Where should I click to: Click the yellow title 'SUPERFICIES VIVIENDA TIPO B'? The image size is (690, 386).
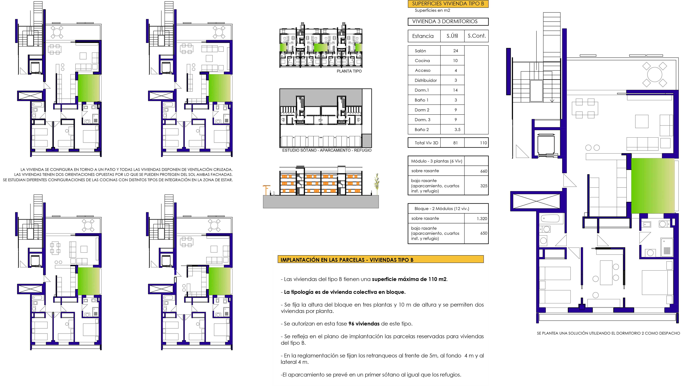[448, 4]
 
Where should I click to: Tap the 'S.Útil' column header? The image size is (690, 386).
[452, 36]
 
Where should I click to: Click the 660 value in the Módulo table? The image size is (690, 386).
[484, 171]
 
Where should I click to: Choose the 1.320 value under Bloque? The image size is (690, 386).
[482, 219]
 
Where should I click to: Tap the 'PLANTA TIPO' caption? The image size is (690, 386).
[349, 71]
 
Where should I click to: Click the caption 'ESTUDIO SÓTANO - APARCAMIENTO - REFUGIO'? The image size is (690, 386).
[327, 150]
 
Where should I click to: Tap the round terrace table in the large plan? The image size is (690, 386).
[654, 74]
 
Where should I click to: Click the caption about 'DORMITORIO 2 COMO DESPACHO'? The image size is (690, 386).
[608, 333]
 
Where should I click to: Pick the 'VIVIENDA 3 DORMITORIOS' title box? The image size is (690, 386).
[448, 21]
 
